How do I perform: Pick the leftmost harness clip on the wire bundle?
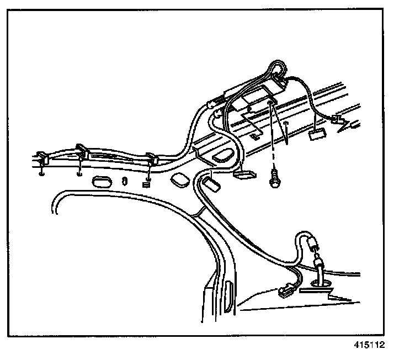(44, 158)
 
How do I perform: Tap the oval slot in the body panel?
(102, 181)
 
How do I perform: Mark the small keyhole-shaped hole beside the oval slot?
(125, 180)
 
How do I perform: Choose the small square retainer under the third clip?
(147, 185)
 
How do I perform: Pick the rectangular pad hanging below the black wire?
(318, 133)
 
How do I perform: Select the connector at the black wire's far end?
(338, 120)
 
